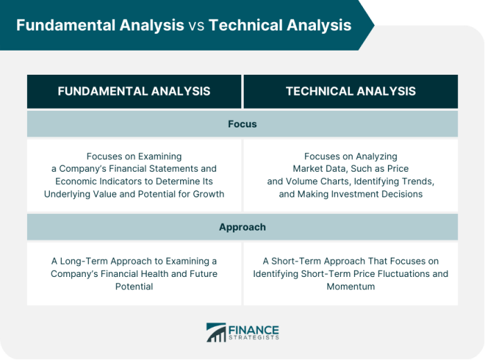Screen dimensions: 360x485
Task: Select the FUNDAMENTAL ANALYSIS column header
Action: point(134,91)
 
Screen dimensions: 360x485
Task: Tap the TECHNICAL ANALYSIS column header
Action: point(351,91)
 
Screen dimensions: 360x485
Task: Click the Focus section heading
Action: point(242,124)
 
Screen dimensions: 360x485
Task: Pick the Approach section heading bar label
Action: point(242,227)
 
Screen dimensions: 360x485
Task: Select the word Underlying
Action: point(67,194)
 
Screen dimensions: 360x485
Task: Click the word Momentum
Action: point(351,286)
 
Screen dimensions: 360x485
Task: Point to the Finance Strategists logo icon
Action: point(216,332)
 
